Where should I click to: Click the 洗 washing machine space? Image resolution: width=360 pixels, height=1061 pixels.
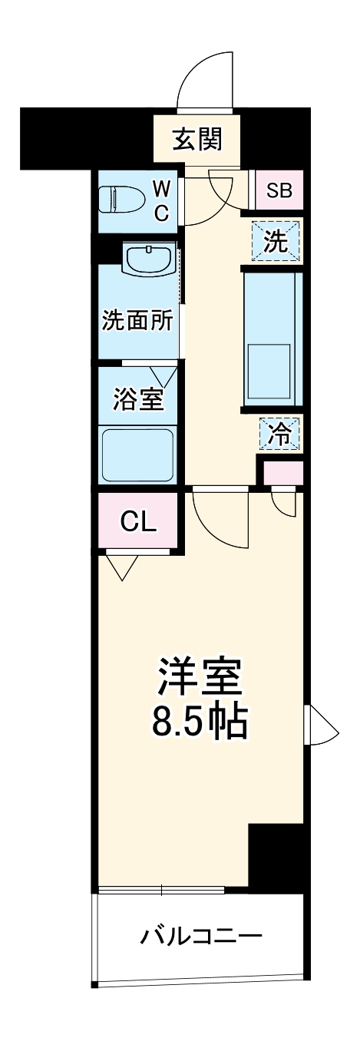pyautogui.click(x=276, y=242)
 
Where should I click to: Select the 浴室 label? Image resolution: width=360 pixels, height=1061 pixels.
pyautogui.click(x=136, y=400)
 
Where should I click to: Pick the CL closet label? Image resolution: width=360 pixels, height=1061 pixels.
pyautogui.click(x=139, y=521)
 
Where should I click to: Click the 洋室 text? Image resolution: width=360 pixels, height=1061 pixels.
pyautogui.click(x=200, y=676)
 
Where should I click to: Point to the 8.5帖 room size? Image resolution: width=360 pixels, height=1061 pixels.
pyautogui.click(x=200, y=722)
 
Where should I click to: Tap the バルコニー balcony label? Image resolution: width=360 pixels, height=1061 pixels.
pyautogui.click(x=201, y=937)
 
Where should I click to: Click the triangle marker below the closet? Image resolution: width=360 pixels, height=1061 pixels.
pyautogui.click(x=121, y=566)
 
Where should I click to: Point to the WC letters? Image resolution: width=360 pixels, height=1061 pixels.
pyautogui.click(x=161, y=200)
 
